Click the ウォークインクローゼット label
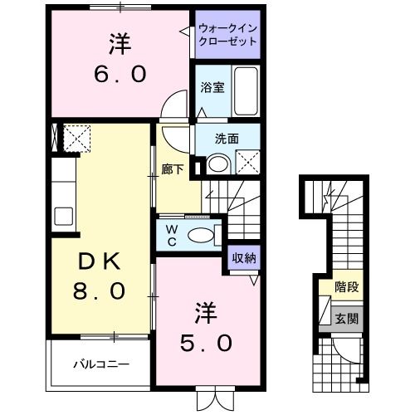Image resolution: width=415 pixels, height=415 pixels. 227,36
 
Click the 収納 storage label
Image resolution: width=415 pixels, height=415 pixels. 243,257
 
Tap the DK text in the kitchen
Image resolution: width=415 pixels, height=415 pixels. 97,262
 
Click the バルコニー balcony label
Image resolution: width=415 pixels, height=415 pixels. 95,363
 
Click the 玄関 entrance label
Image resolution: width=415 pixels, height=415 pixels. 348,319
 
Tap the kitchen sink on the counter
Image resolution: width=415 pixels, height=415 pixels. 63,215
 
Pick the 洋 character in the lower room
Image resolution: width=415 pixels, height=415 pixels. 204,312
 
